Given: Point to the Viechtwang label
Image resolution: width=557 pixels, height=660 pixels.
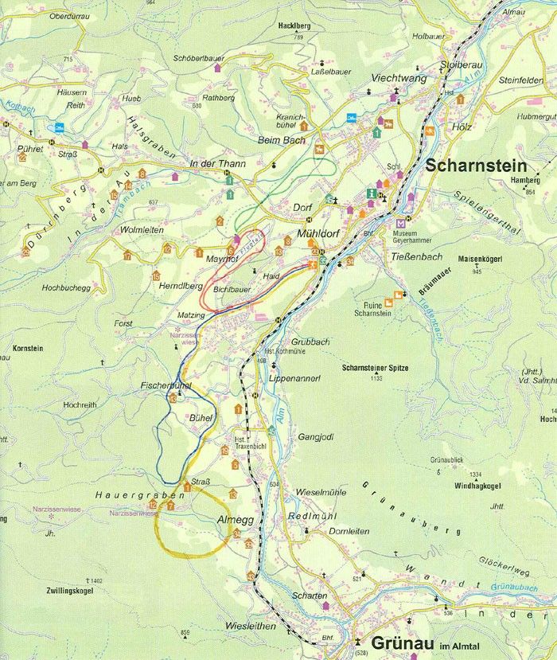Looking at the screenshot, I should coord(399,79).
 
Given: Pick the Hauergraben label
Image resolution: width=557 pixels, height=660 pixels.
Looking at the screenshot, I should coord(129,494).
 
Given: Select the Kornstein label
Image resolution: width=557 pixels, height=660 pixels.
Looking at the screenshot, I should coord(29,349).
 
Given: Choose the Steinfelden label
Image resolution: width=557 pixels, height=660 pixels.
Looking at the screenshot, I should coord(499,80).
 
